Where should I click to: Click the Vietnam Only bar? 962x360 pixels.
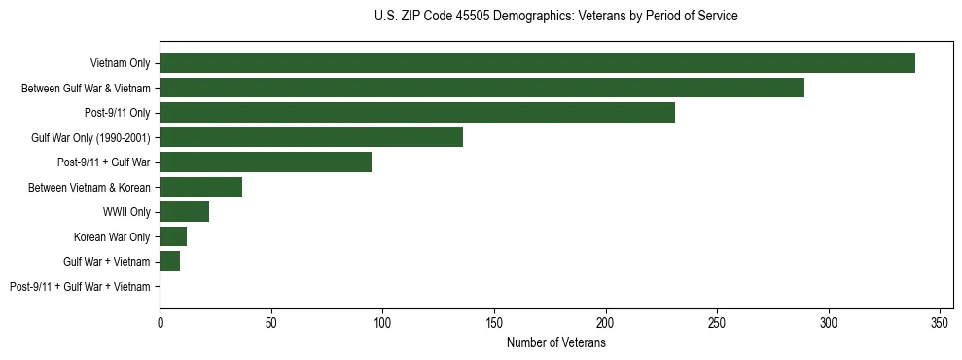pos(537,63)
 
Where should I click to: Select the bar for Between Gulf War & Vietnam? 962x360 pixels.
pos(481,88)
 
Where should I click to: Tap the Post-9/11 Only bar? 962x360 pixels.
pos(417,113)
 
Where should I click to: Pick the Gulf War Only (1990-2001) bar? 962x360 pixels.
pos(311,137)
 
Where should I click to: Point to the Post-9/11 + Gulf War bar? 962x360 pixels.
pos(266,162)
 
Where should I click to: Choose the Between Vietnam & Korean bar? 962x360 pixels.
pos(201,187)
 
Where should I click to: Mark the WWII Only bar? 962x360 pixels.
pos(185,212)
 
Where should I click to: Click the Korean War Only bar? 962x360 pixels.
pos(173,236)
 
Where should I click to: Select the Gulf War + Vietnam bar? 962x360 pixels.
pos(170,262)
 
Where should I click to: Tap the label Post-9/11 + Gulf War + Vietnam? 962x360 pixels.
pos(80,287)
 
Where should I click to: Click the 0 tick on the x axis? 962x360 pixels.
pos(160,322)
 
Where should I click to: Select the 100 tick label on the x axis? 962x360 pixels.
pos(383,322)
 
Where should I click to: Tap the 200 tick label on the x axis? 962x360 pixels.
pos(606,322)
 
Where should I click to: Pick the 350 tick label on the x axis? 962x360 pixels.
pos(940,322)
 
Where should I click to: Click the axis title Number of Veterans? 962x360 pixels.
pos(556,343)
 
